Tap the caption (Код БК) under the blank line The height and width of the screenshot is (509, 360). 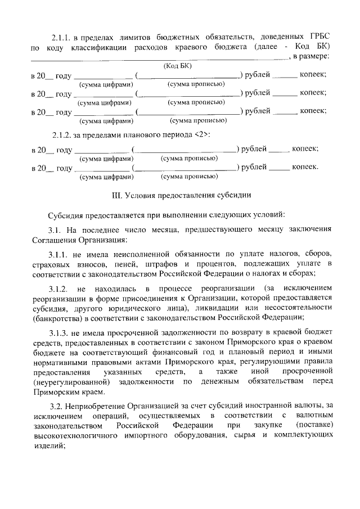pyautogui.click(x=177, y=66)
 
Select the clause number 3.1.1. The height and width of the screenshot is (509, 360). pyautogui.click(x=60, y=254)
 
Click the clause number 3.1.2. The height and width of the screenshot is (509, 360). pyautogui.click(x=60, y=289)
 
